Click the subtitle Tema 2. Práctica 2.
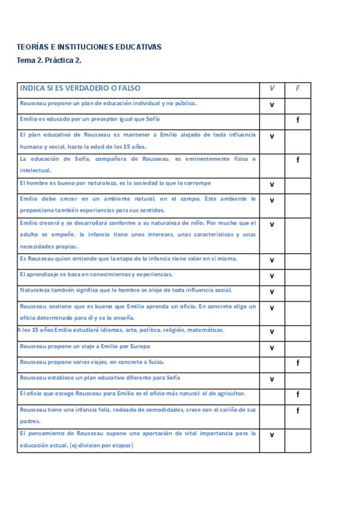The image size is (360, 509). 49,60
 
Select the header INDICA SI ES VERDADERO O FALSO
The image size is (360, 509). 80,88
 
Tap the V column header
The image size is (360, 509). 272,88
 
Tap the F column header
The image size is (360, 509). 298,88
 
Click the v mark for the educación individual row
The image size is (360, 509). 272,104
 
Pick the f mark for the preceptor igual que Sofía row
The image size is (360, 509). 298,120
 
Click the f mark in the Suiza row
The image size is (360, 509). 298,363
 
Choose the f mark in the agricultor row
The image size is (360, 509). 298,394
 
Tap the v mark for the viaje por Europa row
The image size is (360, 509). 272,348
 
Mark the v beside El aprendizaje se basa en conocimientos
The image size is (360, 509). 272,276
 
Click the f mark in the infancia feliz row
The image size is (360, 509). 298,411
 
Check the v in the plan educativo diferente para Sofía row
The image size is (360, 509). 272,379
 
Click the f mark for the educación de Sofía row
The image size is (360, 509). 298,160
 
